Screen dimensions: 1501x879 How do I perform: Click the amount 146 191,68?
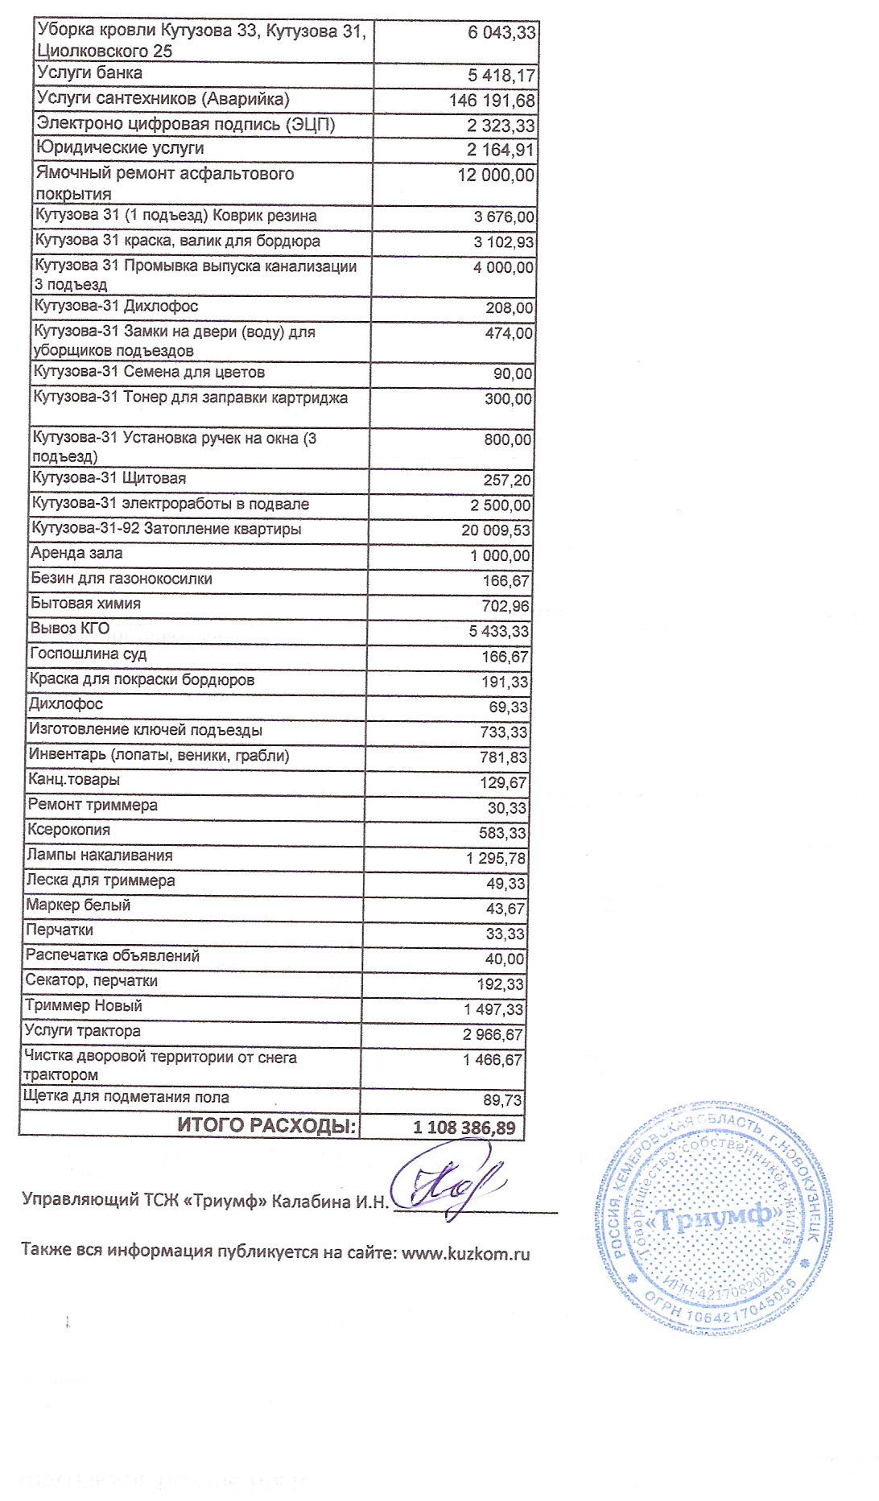(x=492, y=101)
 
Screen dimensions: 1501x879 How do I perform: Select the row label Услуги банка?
(x=90, y=73)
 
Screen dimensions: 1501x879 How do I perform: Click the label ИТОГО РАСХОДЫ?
(x=266, y=1126)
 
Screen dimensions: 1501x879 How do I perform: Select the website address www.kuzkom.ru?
(x=465, y=1253)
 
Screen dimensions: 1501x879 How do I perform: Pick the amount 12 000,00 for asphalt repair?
(x=495, y=175)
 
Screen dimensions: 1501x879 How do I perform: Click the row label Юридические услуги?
(x=120, y=149)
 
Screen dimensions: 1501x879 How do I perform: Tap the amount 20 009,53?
(x=496, y=530)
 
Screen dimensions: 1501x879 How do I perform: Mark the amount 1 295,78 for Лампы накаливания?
(x=496, y=858)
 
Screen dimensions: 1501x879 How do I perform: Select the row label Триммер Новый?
(x=84, y=1006)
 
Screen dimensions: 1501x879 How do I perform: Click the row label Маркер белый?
(x=78, y=905)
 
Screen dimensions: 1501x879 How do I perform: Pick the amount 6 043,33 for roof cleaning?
(x=501, y=33)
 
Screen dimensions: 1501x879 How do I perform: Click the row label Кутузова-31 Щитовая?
(x=109, y=479)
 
